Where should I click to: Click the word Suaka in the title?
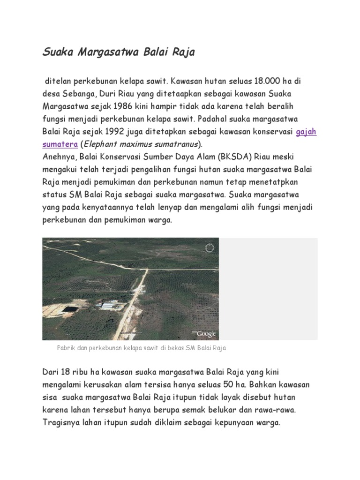click(56, 52)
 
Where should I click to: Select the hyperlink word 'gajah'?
click(307, 132)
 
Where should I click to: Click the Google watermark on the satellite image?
click(205, 334)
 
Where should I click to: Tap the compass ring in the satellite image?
click(210, 247)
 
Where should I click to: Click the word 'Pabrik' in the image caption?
click(66, 349)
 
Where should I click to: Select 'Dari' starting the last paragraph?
click(51, 373)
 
